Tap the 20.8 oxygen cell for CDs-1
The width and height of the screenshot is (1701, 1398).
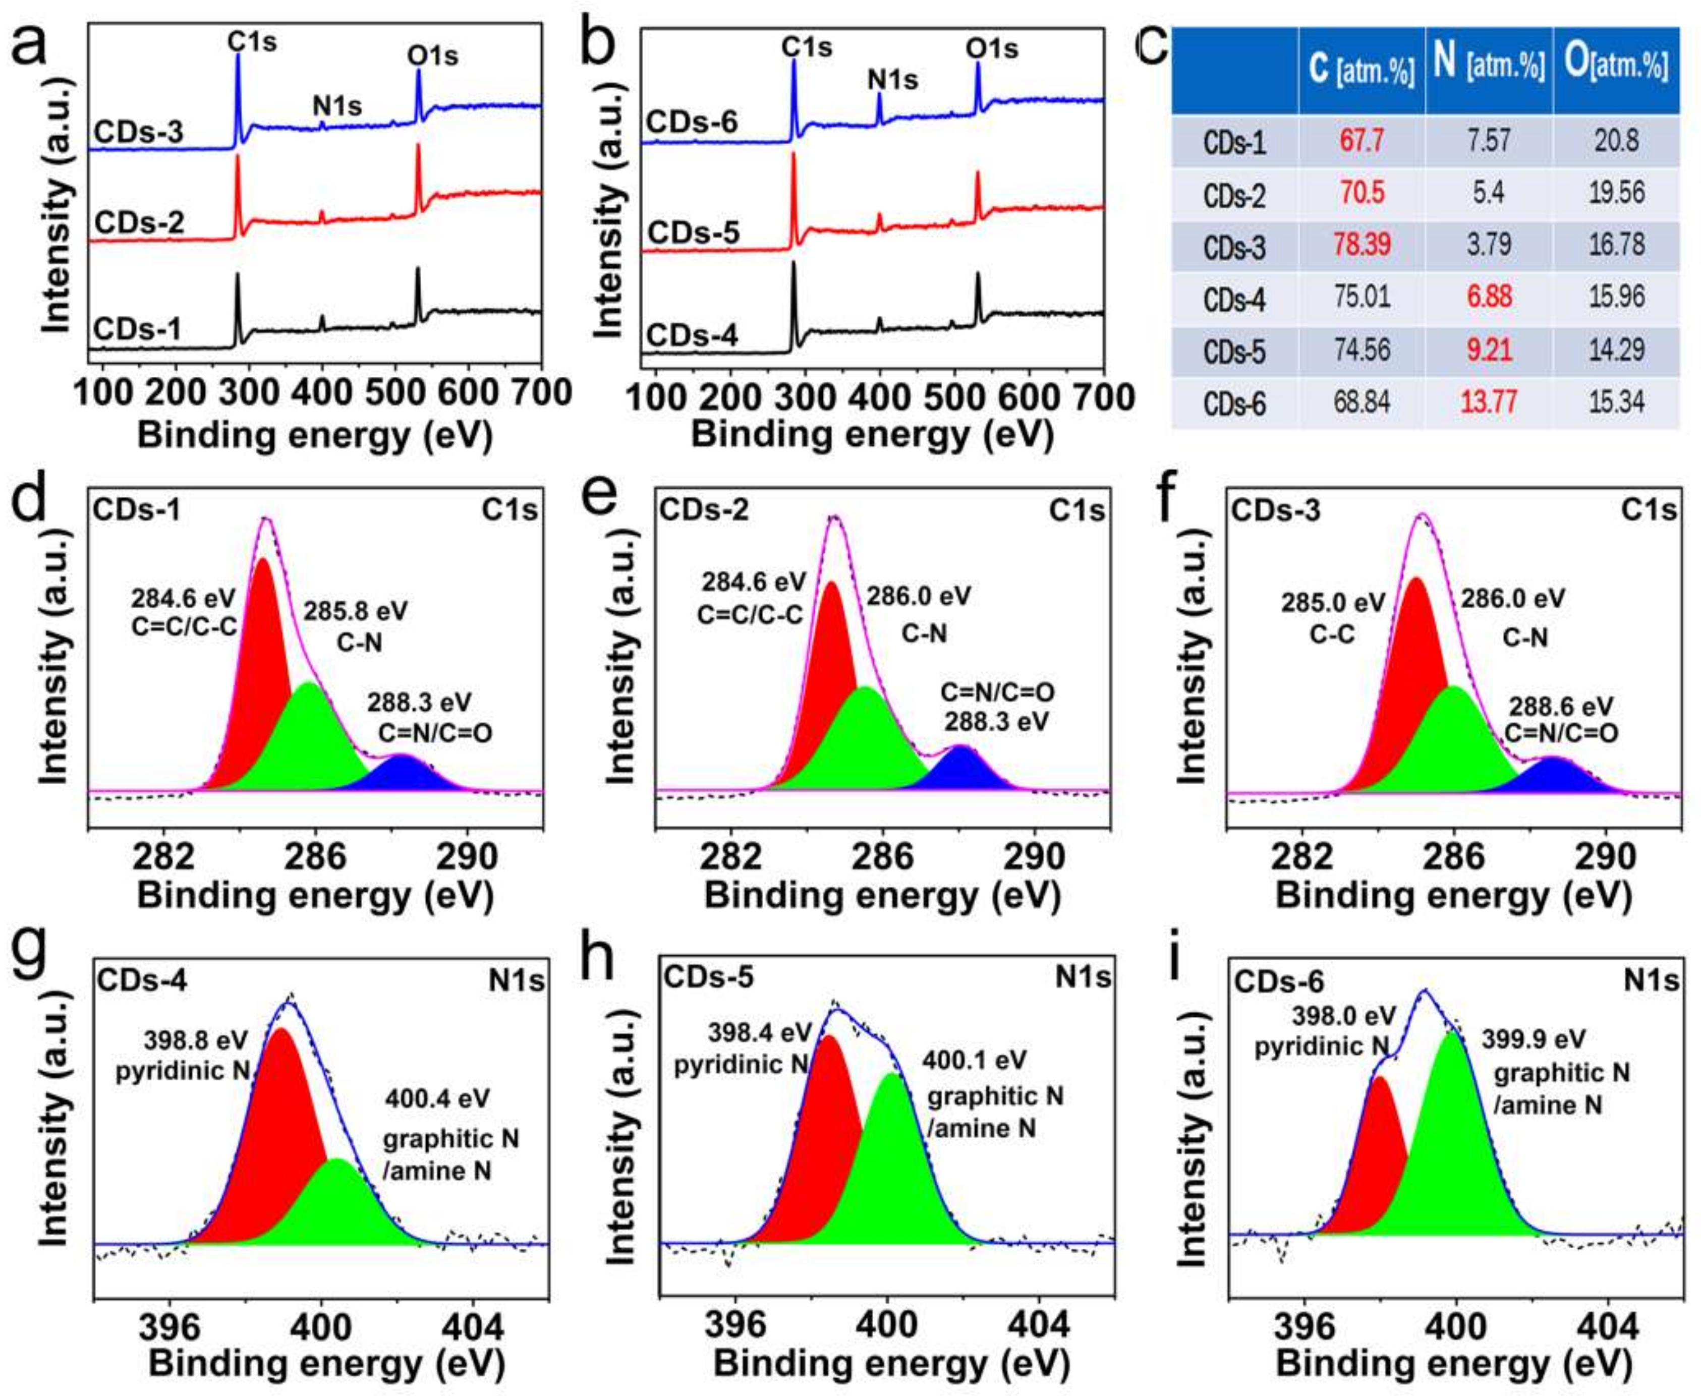(x=1616, y=141)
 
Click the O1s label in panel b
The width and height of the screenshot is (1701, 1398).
(x=992, y=48)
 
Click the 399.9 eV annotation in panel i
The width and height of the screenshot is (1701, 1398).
(x=1535, y=1039)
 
